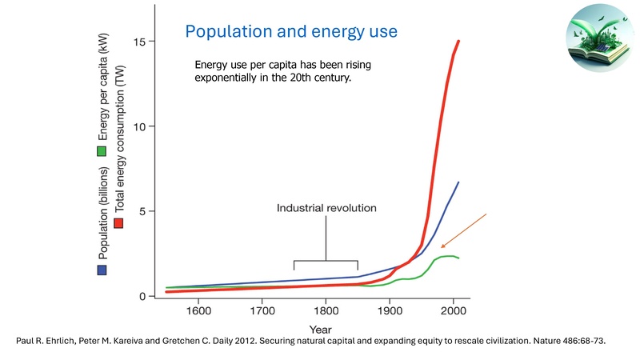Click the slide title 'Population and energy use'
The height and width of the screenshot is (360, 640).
point(291,32)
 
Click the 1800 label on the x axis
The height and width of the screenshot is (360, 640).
point(326,312)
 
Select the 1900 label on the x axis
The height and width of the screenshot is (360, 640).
point(390,312)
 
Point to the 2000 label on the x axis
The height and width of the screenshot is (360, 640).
point(454,312)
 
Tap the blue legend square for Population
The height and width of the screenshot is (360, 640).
point(102,270)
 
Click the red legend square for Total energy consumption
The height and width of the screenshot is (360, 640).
point(119,222)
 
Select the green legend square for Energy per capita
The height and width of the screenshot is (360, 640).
point(102,150)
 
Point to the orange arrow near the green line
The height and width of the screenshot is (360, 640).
point(463,230)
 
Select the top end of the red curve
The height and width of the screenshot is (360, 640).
point(458,41)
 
